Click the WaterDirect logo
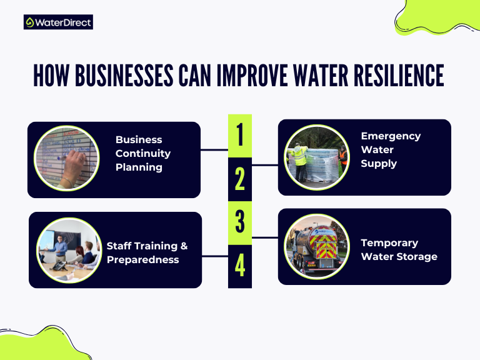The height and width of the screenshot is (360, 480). point(58,22)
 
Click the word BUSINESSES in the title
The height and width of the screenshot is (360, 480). point(122,76)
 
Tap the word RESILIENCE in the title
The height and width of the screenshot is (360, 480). point(393,76)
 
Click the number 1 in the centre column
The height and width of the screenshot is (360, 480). point(240,135)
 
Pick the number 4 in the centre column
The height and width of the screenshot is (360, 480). point(240,266)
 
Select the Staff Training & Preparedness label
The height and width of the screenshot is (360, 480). point(147,253)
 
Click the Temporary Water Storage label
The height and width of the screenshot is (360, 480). point(399,249)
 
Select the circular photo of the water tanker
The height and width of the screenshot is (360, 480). point(316,246)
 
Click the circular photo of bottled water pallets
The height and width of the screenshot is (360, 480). point(316,157)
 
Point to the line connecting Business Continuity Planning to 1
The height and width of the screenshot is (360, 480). point(214,150)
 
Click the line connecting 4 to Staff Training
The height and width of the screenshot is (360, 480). point(215,256)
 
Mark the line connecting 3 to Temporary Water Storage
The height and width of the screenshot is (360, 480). point(265,238)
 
